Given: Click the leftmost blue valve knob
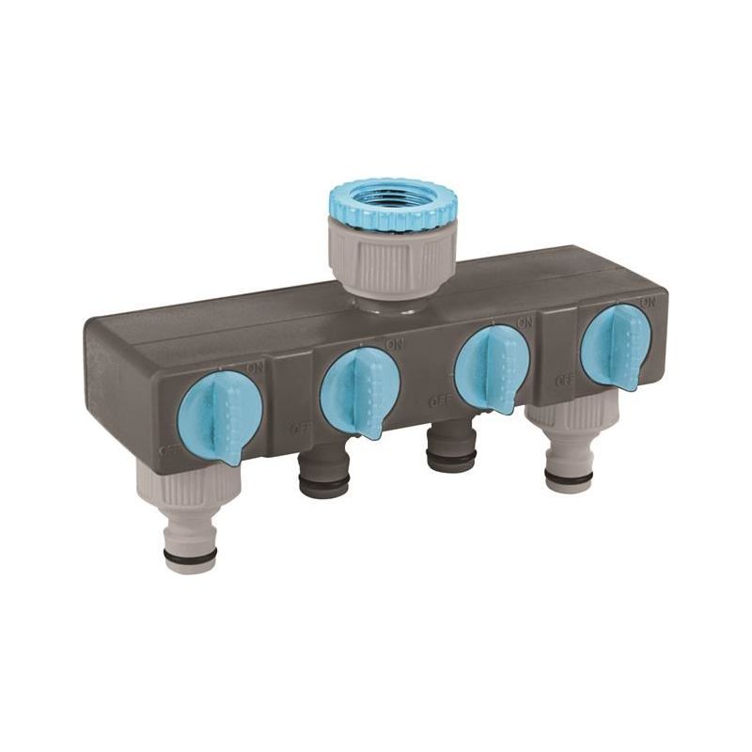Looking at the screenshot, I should [x=219, y=416].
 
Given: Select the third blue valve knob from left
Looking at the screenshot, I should [x=492, y=368].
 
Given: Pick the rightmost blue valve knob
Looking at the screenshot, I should [x=616, y=345].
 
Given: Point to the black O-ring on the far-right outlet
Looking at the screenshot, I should [x=569, y=478].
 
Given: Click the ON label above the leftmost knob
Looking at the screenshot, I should [x=255, y=368].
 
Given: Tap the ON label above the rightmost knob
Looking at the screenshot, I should [x=647, y=302].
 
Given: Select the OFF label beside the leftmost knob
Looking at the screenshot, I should [x=170, y=449].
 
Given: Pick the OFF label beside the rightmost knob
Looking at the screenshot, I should [x=564, y=380].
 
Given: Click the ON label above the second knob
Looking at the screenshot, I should [x=395, y=344].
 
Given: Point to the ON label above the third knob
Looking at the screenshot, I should [x=525, y=321].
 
